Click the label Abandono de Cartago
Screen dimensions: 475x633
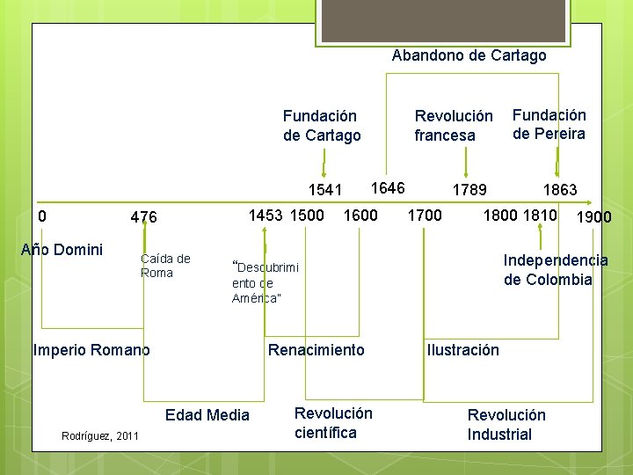tap(469, 55)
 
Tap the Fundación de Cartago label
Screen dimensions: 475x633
tap(322, 125)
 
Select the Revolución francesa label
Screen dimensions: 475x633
tap(454, 125)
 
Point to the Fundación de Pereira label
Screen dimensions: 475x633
tap(549, 124)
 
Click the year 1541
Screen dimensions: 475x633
tap(325, 190)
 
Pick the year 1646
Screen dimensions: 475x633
tap(388, 187)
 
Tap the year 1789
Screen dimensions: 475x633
tap(469, 190)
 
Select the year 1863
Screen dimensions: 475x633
tap(560, 190)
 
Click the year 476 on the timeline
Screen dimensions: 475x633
tap(143, 217)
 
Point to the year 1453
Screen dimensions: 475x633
tap(266, 215)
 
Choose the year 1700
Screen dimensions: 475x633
tap(426, 215)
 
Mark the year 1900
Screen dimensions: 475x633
tap(593, 217)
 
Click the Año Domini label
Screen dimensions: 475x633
tap(62, 249)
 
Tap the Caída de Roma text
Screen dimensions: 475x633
tap(165, 265)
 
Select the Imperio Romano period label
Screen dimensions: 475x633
tap(91, 350)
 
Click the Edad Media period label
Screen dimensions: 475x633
tap(207, 415)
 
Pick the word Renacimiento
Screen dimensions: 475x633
tap(316, 350)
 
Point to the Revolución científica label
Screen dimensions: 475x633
tap(333, 423)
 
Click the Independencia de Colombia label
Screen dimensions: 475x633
tap(555, 269)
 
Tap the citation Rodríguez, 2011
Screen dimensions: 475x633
tap(100, 435)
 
